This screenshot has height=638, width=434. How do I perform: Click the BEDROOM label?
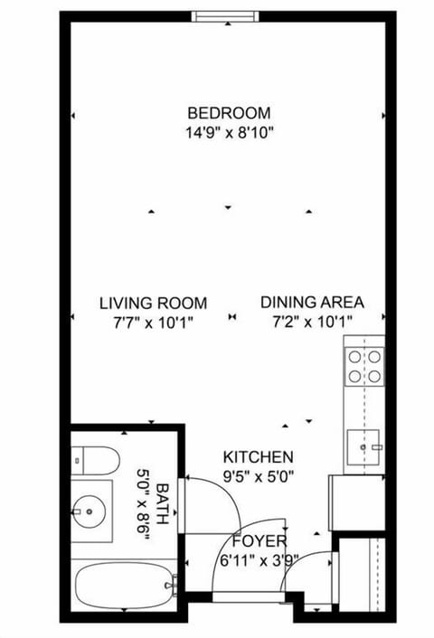coord(229,113)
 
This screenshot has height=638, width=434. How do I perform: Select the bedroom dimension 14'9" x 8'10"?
coord(229,132)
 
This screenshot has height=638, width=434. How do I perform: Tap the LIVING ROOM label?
coord(153,303)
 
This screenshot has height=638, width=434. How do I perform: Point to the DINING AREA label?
coord(312,303)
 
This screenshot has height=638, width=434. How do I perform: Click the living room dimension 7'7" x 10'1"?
coord(153,322)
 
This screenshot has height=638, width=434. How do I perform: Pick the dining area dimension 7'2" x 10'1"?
coord(312,322)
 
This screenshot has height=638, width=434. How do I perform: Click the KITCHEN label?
coord(259,457)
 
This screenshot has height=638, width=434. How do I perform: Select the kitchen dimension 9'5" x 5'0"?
coord(259,475)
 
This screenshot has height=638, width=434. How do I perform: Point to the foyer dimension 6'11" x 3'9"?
coord(259,558)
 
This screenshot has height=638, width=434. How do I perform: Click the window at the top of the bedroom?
coord(224,15)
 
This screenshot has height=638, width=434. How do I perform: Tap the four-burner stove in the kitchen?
coord(363,366)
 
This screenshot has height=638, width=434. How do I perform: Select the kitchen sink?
coord(365,446)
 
